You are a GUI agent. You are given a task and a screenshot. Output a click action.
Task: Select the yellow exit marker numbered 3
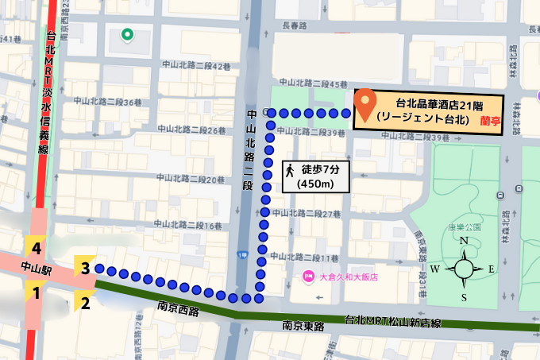(x=84, y=268)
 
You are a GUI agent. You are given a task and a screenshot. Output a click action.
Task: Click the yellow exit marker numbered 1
(x=36, y=293)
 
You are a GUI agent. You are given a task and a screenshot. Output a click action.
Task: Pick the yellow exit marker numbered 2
(x=84, y=301)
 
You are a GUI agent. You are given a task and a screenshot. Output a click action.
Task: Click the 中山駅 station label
(x=35, y=269)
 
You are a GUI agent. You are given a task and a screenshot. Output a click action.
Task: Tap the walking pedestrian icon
(x=291, y=169)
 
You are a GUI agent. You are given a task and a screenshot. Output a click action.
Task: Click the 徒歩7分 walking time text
(x=319, y=169)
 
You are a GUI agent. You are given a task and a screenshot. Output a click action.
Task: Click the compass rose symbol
(x=465, y=269)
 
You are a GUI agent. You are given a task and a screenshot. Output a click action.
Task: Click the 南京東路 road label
(x=303, y=325)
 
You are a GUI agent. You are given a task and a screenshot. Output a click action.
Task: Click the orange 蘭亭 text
(x=489, y=120)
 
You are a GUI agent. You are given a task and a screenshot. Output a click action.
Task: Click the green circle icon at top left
(x=126, y=34)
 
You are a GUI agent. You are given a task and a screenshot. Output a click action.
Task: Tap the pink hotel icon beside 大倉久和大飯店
(x=308, y=277)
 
